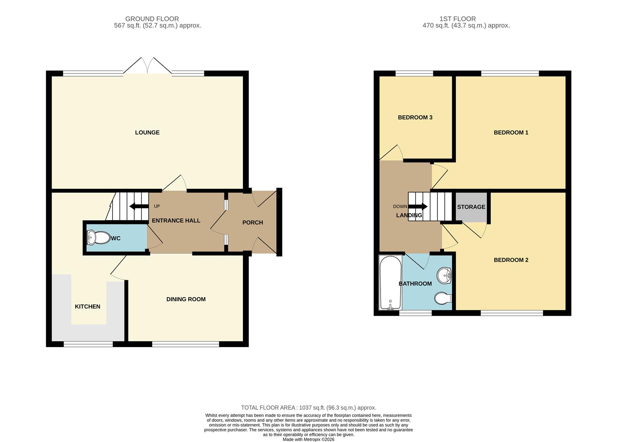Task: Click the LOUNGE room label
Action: click(x=147, y=133)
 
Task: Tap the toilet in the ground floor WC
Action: click(x=96, y=237)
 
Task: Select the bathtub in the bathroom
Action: click(x=390, y=282)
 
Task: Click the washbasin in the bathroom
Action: click(x=444, y=275)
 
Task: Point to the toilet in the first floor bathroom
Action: click(x=443, y=298)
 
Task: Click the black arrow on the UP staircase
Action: click(x=138, y=206)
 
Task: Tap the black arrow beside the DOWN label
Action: click(x=418, y=207)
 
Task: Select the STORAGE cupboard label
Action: click(x=471, y=207)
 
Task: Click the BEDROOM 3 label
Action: click(x=415, y=117)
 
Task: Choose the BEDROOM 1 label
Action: click(x=511, y=133)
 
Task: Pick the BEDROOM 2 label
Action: click(x=511, y=260)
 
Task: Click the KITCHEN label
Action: click(x=87, y=307)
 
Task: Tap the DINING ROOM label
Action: click(x=186, y=299)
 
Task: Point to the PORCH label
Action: click(x=252, y=223)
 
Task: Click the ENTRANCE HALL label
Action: click(x=176, y=221)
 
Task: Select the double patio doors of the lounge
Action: click(x=147, y=66)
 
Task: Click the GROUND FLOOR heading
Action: click(x=152, y=19)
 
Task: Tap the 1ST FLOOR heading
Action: click(x=457, y=19)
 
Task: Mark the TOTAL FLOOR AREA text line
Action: click(x=308, y=408)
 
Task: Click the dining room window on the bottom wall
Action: click(x=185, y=344)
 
